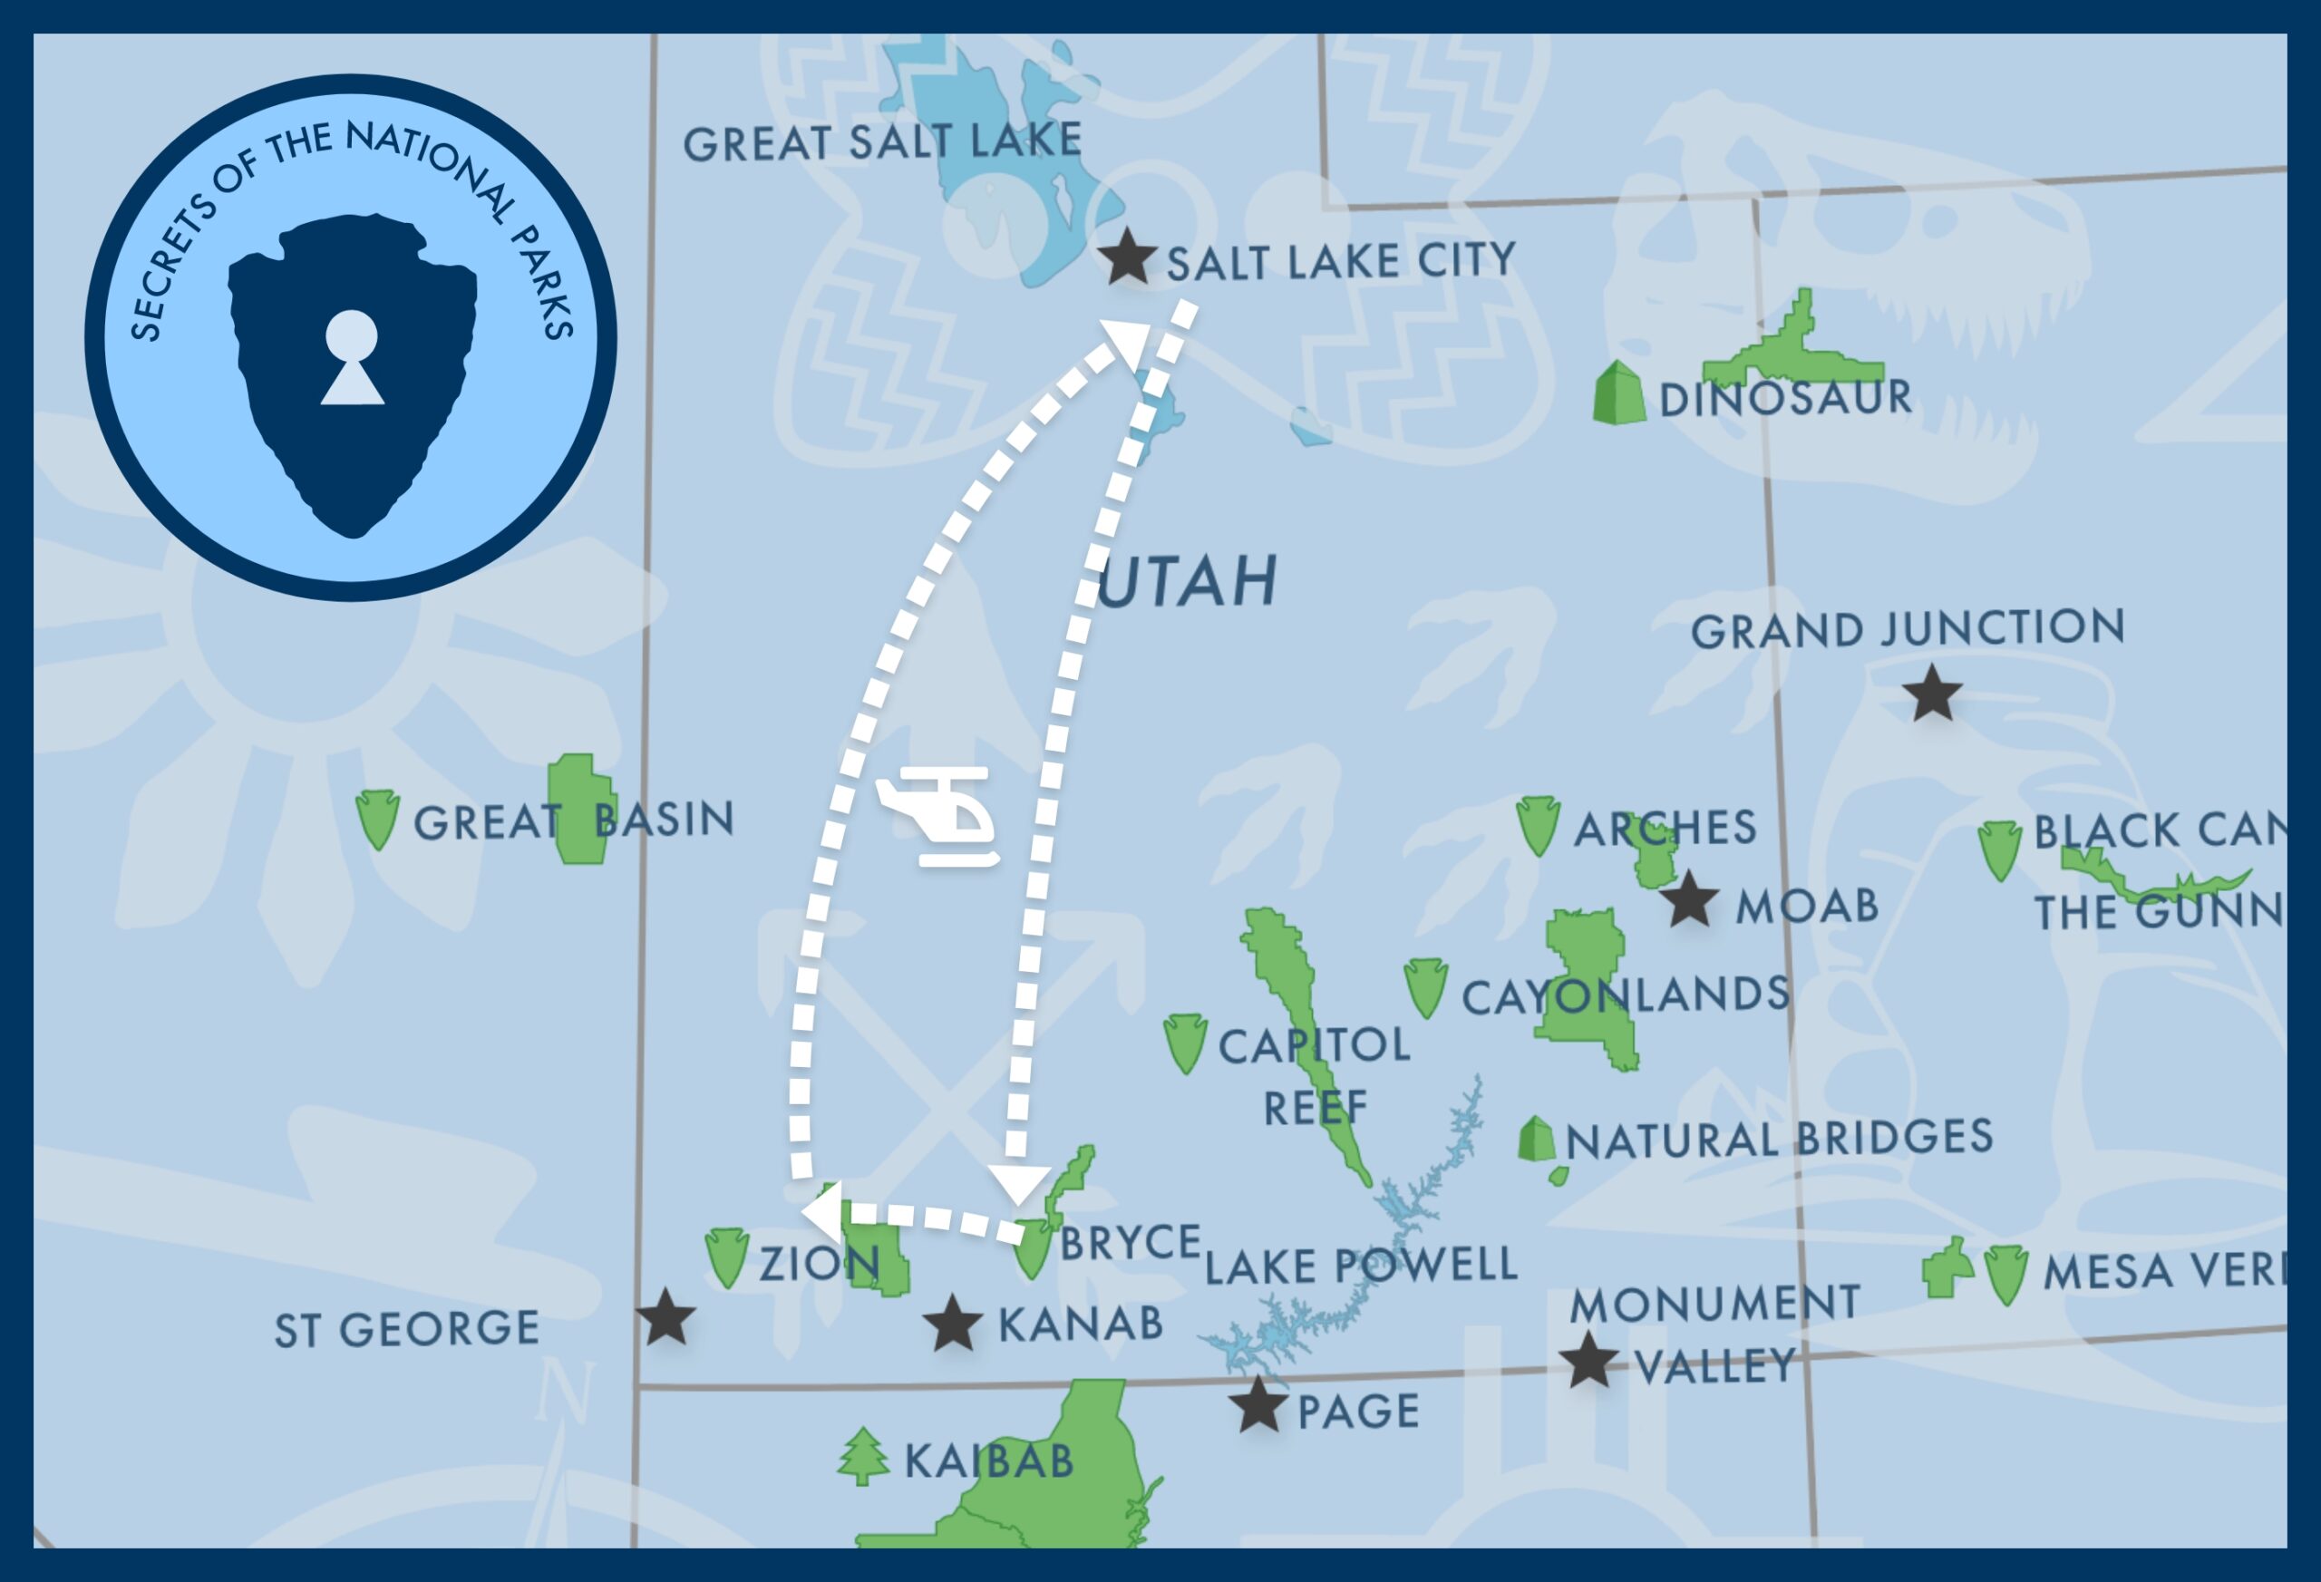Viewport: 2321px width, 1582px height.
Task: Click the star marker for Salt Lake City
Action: click(1127, 257)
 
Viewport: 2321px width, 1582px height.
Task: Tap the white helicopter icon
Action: click(937, 816)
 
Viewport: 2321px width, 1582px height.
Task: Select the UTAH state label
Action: click(1188, 580)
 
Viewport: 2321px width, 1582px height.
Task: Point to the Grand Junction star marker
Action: click(1931, 694)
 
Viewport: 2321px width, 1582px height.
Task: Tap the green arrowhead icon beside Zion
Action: click(726, 1257)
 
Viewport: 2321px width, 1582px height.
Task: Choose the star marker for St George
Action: click(665, 1316)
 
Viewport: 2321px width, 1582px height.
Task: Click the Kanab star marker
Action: click(952, 1324)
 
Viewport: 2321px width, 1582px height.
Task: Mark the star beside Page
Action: click(1258, 1404)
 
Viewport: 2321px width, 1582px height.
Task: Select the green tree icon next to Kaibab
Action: click(863, 1457)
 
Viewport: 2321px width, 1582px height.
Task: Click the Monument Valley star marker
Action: click(1587, 1360)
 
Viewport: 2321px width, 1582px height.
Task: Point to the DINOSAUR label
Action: click(1784, 399)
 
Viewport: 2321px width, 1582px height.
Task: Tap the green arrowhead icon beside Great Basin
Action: click(377, 819)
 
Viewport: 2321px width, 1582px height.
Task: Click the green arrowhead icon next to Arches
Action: click(1537, 825)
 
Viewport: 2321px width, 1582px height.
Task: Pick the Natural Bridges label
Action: click(1779, 1139)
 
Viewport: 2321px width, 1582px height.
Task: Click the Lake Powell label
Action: click(1360, 1266)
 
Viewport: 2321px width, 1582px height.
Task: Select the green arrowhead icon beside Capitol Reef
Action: click(1186, 1043)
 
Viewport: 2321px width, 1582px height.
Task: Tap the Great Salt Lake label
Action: click(882, 141)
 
